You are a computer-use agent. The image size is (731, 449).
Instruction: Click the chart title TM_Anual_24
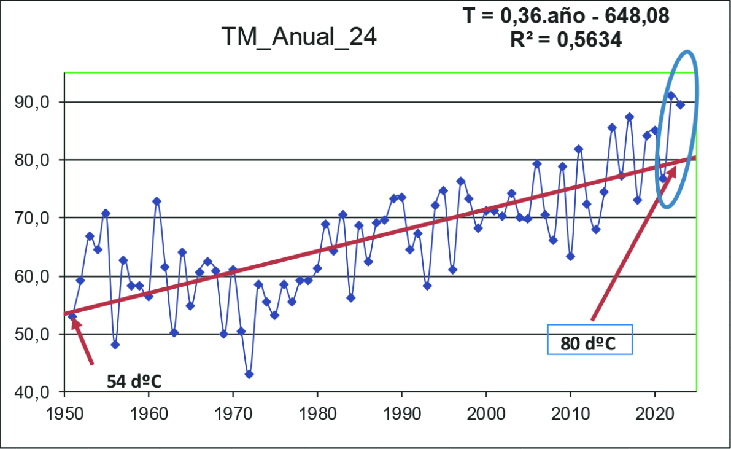[299, 38]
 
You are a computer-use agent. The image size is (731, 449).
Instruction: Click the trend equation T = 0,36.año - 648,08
[565, 16]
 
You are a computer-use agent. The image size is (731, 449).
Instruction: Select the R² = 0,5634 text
[565, 41]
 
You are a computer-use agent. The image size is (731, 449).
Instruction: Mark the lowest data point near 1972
[249, 374]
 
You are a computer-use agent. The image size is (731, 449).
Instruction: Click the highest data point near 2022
[671, 95]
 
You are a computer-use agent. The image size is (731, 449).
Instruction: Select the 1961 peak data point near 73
[157, 201]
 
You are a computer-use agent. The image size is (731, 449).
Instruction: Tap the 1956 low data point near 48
[115, 345]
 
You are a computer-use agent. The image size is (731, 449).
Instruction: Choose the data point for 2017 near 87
[629, 117]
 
